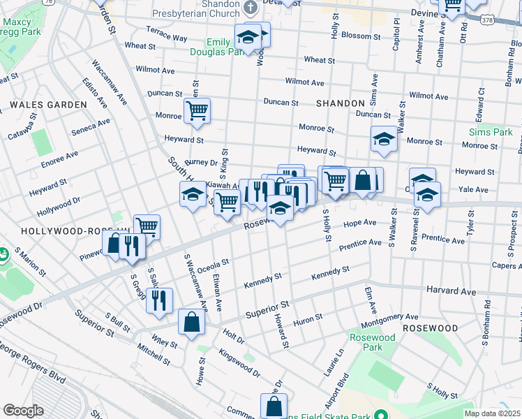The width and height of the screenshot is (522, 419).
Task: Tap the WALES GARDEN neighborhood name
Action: [x=48, y=105]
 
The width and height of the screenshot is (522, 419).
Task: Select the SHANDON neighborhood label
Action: [x=341, y=103]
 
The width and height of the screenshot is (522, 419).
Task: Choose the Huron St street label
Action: [x=308, y=318]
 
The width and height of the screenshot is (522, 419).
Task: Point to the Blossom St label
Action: [x=361, y=36]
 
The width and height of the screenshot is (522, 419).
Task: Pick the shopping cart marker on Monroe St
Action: [x=197, y=110]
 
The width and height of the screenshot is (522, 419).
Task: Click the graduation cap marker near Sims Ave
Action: [x=383, y=139]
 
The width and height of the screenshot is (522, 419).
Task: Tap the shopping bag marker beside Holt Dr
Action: [x=191, y=322]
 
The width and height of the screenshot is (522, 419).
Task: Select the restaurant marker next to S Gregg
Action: [x=160, y=300]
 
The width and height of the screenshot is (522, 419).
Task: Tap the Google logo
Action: [x=23, y=411]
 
